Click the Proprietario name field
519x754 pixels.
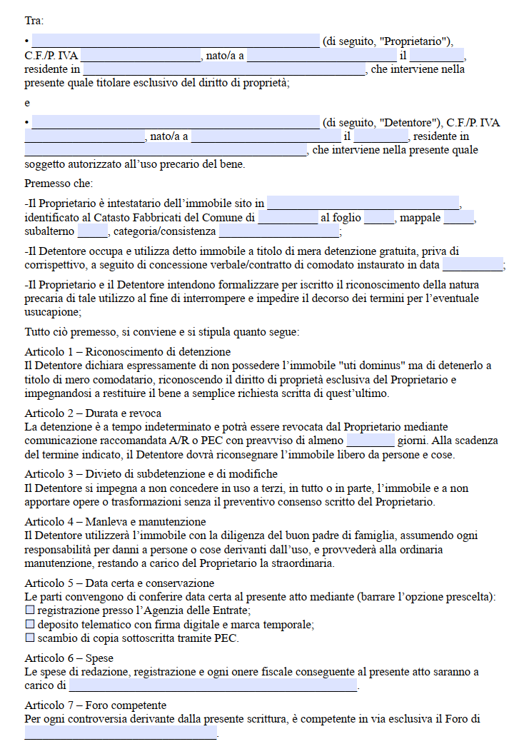(175, 41)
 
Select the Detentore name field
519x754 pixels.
(175, 122)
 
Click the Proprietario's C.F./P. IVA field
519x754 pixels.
(141, 55)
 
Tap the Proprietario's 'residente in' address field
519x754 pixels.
(223, 69)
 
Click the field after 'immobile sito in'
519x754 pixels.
(363, 203)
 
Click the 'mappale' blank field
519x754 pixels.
(463, 217)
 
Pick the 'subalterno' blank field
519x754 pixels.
(92, 231)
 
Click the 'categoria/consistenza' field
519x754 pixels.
(278, 231)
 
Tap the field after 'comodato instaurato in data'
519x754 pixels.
(472, 265)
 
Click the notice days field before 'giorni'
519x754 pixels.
(370, 440)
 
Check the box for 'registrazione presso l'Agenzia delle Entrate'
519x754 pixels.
(30, 610)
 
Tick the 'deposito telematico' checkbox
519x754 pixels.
(30, 624)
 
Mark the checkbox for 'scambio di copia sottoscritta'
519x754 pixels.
(30, 638)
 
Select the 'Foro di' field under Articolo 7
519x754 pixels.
(121, 733)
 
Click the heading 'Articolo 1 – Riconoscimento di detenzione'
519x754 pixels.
(128, 351)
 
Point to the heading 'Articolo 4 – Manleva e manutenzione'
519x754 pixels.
(115, 522)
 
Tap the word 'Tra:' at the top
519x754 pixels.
(34, 21)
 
